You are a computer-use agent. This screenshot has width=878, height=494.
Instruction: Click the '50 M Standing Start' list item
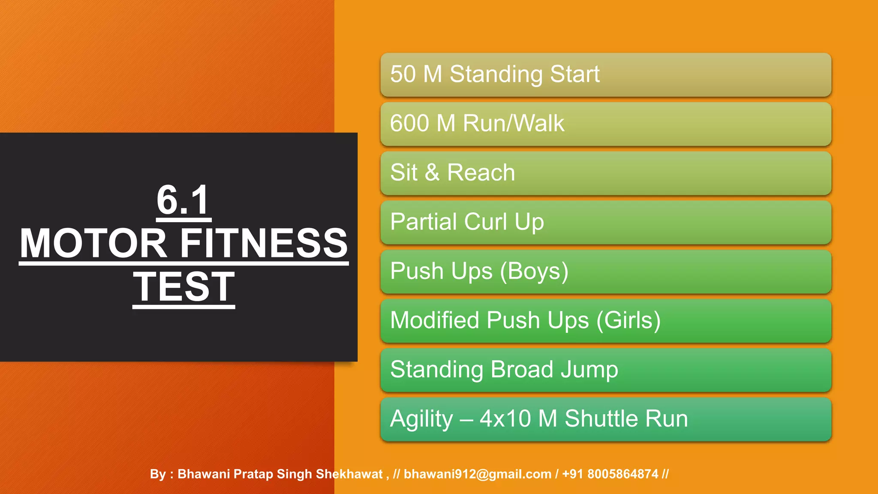605,75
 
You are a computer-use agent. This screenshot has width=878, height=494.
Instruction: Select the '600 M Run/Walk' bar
605,124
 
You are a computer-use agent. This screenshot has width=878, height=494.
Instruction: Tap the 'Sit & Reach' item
605,173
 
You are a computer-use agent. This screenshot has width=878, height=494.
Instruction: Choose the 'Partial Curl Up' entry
605,223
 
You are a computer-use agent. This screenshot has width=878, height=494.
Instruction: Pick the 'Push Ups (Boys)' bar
605,272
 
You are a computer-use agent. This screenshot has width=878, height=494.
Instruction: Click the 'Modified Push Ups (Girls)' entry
605,321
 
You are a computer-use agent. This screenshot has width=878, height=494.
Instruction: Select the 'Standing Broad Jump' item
605,370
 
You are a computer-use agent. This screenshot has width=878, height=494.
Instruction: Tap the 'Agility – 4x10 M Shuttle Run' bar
605,419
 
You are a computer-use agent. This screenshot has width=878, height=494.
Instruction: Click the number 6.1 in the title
183,200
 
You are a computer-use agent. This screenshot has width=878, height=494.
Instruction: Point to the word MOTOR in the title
93,244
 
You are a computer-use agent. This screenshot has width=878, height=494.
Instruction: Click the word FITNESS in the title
264,244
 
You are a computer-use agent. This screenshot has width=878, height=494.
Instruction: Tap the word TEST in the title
183,287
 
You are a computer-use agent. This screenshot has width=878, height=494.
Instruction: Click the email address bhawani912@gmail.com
477,474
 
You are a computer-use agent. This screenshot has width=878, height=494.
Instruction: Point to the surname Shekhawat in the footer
349,474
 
